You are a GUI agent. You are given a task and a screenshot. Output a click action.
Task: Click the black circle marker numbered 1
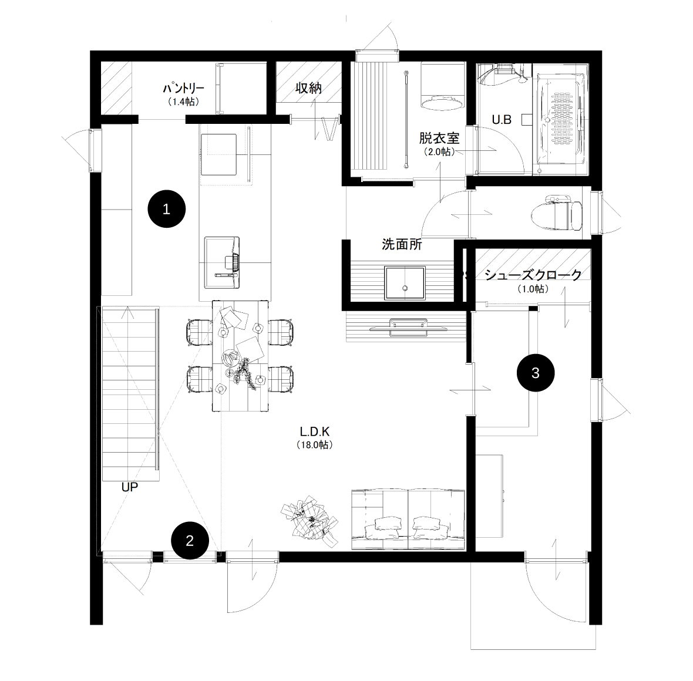166,209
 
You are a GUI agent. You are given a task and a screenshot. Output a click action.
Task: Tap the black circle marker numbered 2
190,541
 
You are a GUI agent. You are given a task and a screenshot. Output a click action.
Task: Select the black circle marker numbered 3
535,373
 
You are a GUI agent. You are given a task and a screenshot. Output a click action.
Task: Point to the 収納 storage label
308,88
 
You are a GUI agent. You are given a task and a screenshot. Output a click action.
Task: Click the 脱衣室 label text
439,139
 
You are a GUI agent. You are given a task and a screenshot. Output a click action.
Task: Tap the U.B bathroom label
502,119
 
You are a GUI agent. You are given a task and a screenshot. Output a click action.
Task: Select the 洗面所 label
402,244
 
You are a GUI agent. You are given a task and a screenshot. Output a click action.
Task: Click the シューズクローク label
533,275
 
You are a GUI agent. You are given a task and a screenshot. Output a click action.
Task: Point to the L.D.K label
315,431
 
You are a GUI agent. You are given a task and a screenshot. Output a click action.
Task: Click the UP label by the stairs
129,487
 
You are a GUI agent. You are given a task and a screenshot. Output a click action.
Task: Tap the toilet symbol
556,213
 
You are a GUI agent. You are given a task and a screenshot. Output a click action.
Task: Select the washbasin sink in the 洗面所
405,283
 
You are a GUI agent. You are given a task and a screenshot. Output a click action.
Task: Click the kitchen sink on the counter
222,262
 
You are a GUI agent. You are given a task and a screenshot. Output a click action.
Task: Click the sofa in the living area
408,520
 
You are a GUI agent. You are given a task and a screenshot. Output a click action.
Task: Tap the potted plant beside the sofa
310,521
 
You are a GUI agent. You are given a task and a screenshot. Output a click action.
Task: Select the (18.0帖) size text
315,445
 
